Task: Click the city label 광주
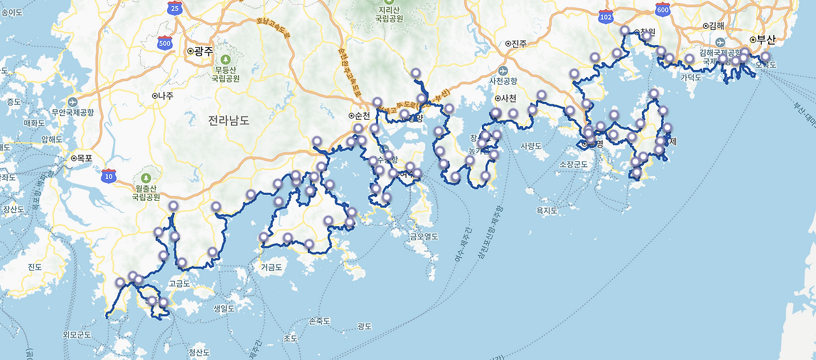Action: click(203, 51)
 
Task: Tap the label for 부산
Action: click(766, 40)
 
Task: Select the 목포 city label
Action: click(85, 157)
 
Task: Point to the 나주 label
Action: click(164, 96)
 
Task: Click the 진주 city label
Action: click(518, 43)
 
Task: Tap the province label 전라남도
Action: click(229, 120)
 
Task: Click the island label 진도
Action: click(34, 267)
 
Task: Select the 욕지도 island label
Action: click(547, 210)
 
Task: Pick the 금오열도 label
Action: click(424, 236)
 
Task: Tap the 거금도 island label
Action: click(271, 268)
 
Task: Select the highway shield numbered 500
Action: click(165, 43)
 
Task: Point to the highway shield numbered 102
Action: click(606, 17)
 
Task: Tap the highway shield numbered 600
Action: click(662, 10)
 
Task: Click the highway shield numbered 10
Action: click(108, 175)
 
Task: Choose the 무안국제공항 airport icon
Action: click(71, 102)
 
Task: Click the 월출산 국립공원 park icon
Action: click(146, 178)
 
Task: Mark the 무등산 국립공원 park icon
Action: click(224, 59)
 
